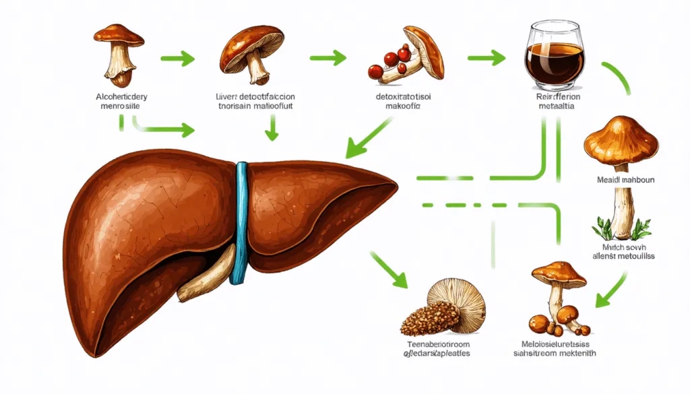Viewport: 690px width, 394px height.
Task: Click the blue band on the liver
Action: [x=239, y=222]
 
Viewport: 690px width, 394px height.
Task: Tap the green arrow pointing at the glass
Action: [x=487, y=58]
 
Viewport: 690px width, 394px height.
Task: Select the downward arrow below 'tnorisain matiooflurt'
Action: [x=271, y=128]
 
